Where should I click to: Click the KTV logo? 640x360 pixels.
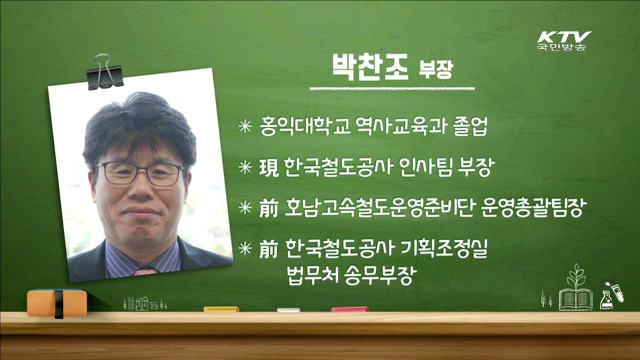pos(563,40)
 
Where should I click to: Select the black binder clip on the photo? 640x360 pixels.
pos(104,72)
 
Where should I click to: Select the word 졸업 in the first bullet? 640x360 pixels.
pos(469,127)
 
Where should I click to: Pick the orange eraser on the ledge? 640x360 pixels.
pos(56,302)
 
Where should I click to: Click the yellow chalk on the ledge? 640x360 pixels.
pos(221,309)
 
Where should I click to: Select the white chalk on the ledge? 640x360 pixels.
pos(288,310)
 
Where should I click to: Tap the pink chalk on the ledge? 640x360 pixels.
pos(349,309)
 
